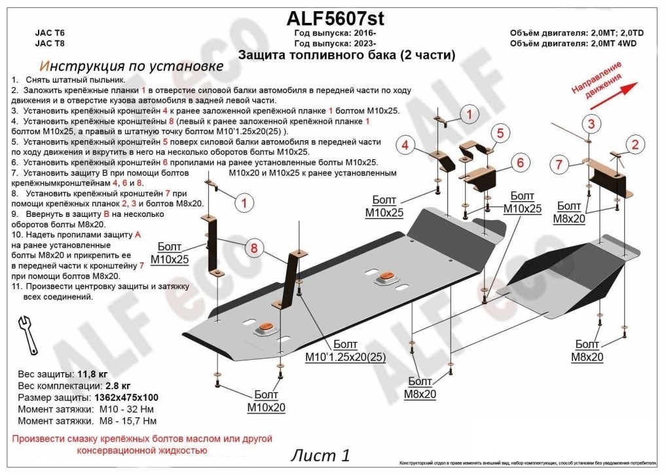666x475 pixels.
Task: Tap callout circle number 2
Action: [x=634, y=145]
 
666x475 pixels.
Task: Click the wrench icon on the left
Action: [x=29, y=335]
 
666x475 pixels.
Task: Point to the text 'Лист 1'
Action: [x=320, y=455]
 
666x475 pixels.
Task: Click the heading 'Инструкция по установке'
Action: [x=131, y=66]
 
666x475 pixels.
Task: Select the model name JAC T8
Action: [x=49, y=43]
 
